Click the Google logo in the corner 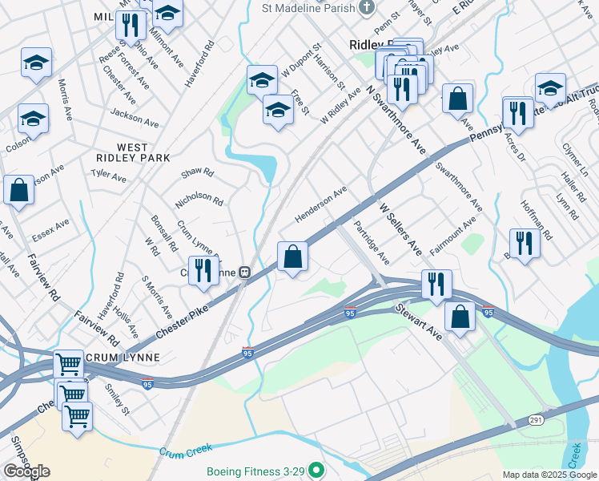pos(26,471)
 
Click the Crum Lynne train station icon pos(243,272)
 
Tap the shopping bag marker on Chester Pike pos(293,257)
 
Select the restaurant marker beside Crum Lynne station pos(203,270)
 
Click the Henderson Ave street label pos(320,204)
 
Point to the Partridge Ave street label pos(372,244)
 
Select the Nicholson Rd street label pos(199,200)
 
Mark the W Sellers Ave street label pos(400,229)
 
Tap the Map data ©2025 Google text pos(549,475)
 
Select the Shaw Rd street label pos(197,172)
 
